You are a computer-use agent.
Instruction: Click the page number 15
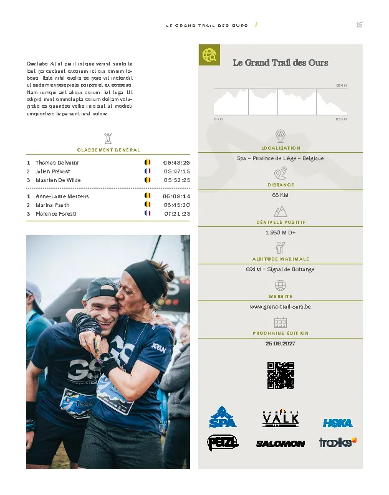coord(359,25)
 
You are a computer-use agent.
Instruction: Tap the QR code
coord(280,375)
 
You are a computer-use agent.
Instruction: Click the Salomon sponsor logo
coord(280,443)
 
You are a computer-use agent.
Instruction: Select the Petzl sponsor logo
coord(222,442)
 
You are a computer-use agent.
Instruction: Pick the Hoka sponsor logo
coord(337,423)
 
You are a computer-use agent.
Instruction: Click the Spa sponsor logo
coord(223,417)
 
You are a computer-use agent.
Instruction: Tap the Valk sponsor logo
coord(280,418)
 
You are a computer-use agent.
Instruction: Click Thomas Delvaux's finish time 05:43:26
coord(176,162)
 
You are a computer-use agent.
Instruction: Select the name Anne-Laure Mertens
coord(62,196)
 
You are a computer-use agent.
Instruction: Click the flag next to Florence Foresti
coord(148,213)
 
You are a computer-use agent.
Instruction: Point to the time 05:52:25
coord(176,180)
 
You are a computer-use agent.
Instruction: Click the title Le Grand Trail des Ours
coord(280,62)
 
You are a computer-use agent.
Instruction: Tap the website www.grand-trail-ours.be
coord(280,307)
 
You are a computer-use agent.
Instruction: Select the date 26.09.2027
coord(280,344)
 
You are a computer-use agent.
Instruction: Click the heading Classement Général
coord(108,150)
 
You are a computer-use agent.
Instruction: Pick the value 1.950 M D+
coord(280,233)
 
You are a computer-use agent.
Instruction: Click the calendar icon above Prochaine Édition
coord(280,322)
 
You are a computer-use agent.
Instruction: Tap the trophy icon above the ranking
coord(108,137)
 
